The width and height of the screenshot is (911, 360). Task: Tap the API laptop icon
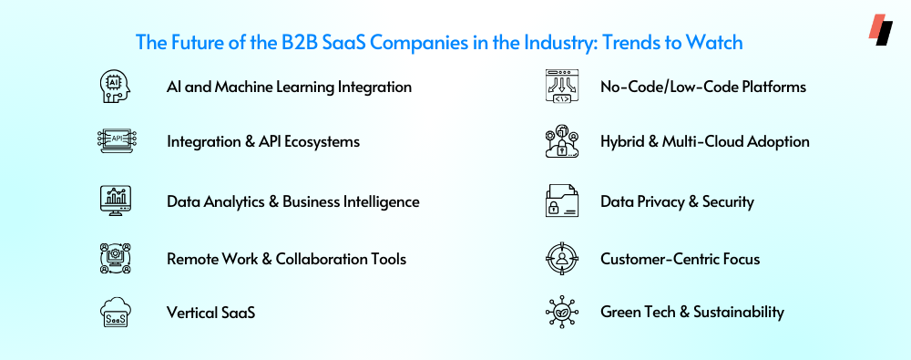pos(117,141)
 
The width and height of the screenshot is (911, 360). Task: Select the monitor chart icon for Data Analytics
pos(116,201)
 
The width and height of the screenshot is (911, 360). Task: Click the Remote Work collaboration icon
pos(115,258)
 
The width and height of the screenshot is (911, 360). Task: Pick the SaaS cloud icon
pos(116,313)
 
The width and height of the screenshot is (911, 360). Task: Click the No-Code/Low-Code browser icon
pos(562,87)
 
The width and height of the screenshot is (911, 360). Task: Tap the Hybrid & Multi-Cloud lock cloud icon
pos(562,141)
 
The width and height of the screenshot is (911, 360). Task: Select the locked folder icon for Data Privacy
pos(562,201)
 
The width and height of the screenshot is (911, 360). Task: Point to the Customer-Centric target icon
pos(562,258)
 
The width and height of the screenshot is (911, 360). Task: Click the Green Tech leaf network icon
pos(562,312)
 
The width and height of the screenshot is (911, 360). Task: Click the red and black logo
pos(880,30)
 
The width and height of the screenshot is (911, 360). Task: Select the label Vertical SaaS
pos(211,313)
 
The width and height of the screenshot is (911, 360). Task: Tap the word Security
pos(728,201)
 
